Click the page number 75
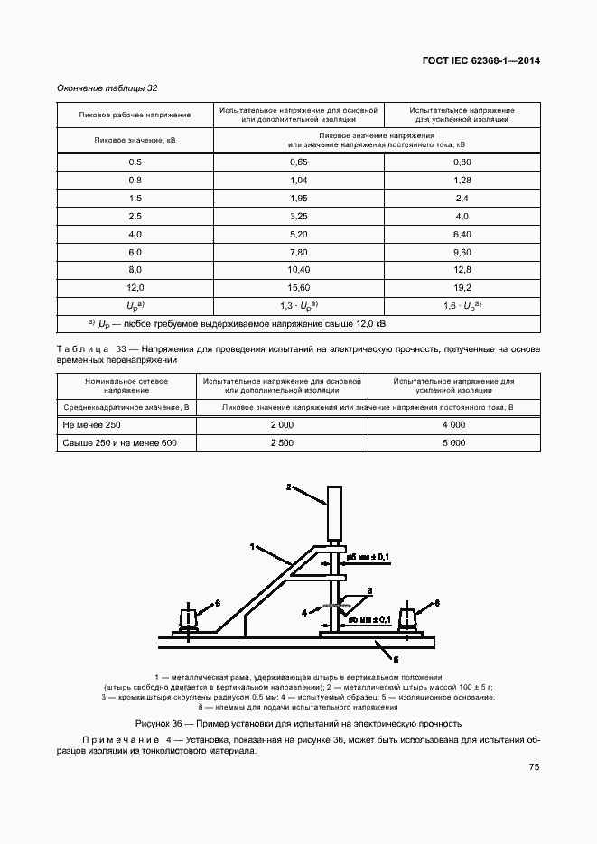(534, 767)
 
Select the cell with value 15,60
(299, 287)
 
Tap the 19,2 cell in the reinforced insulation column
(462, 287)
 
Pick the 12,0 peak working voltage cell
(135, 287)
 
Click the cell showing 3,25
(299, 217)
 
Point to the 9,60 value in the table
(462, 252)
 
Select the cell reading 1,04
(299, 181)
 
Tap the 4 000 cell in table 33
(453, 424)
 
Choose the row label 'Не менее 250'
(89, 424)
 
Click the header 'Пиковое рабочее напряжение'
(135, 115)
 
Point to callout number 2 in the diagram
(289, 487)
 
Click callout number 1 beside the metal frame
(254, 545)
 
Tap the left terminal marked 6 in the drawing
(190, 619)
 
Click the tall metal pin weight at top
(334, 515)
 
